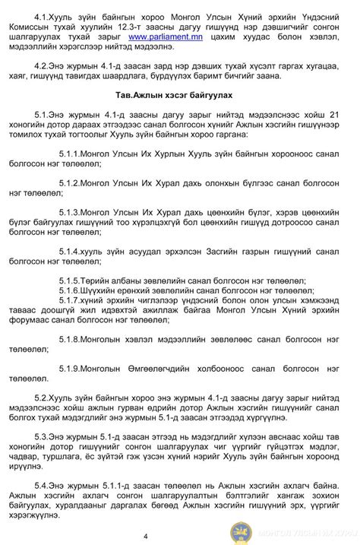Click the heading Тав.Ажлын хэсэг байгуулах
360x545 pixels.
pos(179,95)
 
